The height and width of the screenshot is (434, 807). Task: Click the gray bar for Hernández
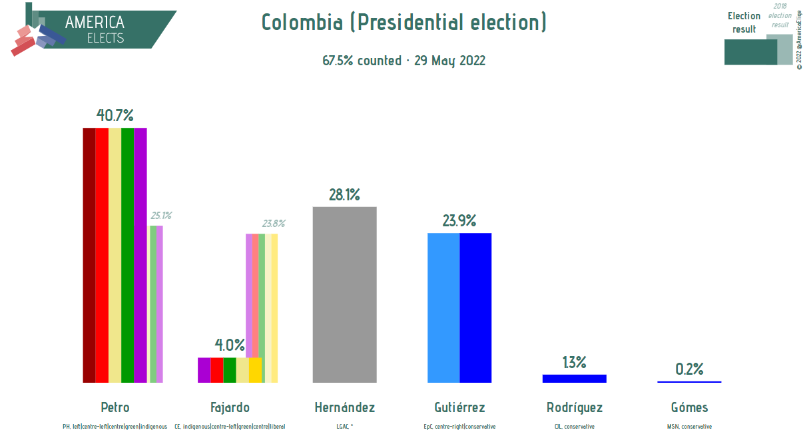click(x=344, y=295)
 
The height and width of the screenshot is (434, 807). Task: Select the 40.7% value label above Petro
click(x=115, y=115)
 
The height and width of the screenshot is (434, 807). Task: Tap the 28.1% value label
click(x=344, y=195)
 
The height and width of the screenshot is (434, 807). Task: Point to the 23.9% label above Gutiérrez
click(x=459, y=220)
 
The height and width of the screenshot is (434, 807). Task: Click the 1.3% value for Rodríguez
click(x=574, y=362)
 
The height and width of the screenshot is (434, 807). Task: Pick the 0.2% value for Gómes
click(x=689, y=369)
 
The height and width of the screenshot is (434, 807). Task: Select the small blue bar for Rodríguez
click(x=574, y=379)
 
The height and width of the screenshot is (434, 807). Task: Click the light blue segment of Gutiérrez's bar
click(x=443, y=308)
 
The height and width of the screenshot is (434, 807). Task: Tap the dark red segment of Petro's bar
click(x=89, y=255)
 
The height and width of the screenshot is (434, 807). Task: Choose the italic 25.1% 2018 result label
click(x=161, y=216)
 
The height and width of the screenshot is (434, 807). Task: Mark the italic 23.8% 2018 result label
click(x=274, y=224)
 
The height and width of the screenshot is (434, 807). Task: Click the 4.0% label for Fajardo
click(x=230, y=345)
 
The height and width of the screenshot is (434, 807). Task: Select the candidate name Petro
click(x=115, y=407)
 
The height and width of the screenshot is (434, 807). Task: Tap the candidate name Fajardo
click(x=230, y=407)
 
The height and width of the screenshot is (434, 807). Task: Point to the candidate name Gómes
click(x=689, y=407)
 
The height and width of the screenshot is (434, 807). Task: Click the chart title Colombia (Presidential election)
click(x=404, y=22)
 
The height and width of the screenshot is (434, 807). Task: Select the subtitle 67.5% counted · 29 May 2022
click(x=404, y=61)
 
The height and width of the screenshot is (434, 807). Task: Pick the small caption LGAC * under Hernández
click(x=344, y=427)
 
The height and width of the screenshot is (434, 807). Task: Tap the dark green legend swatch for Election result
click(x=751, y=52)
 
